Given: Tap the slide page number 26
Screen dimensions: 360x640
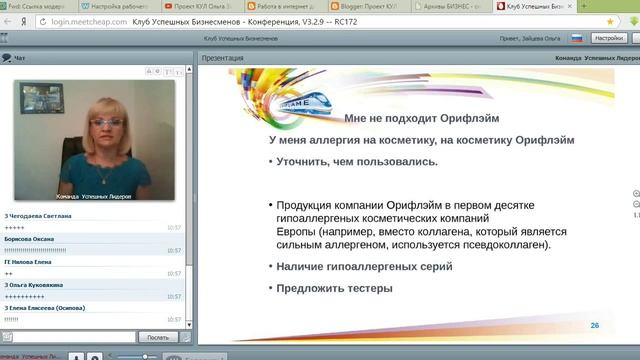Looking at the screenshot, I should point(595,326).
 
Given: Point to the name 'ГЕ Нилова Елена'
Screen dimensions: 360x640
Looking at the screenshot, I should point(29,262).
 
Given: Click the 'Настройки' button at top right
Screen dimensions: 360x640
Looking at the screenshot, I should point(608,37).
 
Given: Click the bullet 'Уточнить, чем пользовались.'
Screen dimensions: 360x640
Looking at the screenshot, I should point(357,162).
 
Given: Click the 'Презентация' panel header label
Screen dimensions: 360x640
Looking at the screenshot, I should point(222,59).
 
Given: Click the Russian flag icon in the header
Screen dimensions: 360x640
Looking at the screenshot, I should point(576,37).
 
